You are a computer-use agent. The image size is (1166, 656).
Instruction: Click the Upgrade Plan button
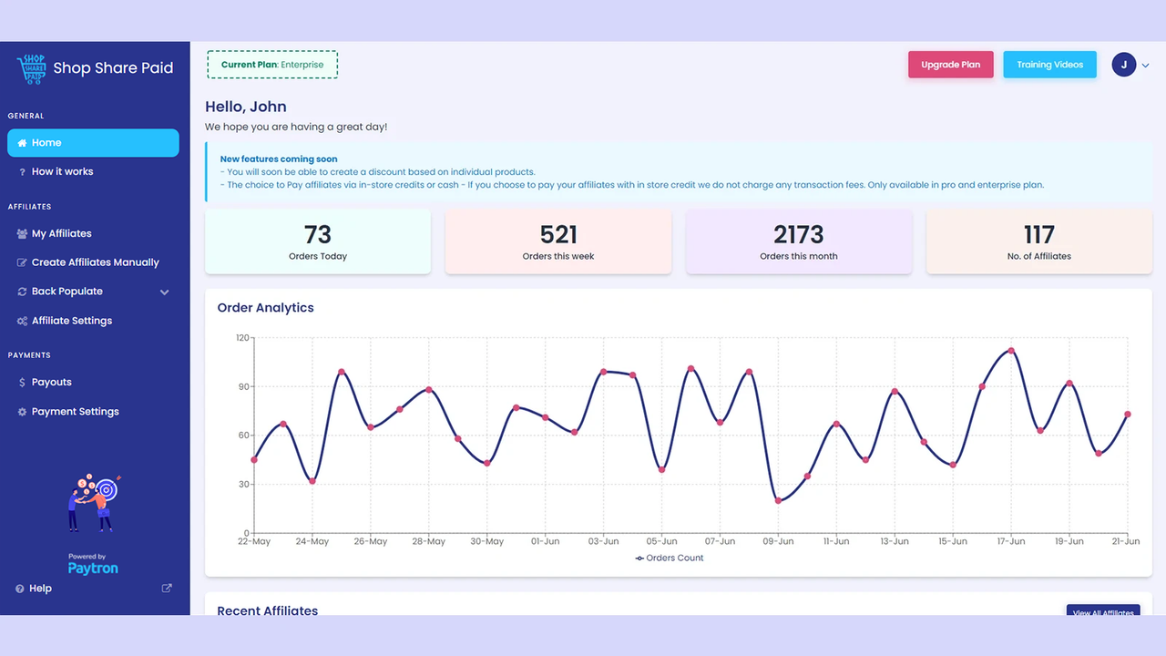950,65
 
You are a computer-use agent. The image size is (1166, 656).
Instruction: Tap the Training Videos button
1049,65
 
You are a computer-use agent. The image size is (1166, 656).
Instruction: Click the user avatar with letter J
1123,65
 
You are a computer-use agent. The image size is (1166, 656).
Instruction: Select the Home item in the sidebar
93,143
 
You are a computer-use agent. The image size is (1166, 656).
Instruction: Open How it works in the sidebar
62,171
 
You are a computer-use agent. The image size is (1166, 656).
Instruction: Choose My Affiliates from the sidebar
61,233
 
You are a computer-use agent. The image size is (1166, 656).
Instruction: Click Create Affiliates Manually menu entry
95,262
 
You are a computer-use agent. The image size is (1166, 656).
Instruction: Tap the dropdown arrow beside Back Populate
165,292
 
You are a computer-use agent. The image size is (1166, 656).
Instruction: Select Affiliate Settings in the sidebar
71,321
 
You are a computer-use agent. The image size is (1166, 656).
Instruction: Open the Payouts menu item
51,383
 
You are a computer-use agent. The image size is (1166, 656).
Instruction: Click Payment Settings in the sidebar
75,412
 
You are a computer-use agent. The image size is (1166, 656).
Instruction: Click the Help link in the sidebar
40,589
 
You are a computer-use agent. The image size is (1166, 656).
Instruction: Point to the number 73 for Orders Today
318,235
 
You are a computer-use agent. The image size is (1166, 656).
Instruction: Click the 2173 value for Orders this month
798,235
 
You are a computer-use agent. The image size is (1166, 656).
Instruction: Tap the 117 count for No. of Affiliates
1038,235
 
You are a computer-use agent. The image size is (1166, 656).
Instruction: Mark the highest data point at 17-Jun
1011,351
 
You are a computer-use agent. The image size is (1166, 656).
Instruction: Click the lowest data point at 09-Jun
778,501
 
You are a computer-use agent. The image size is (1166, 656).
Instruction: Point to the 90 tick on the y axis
242,386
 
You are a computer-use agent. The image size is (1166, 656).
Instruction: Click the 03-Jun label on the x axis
603,541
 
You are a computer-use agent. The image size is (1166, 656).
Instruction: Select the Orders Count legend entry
670,558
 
